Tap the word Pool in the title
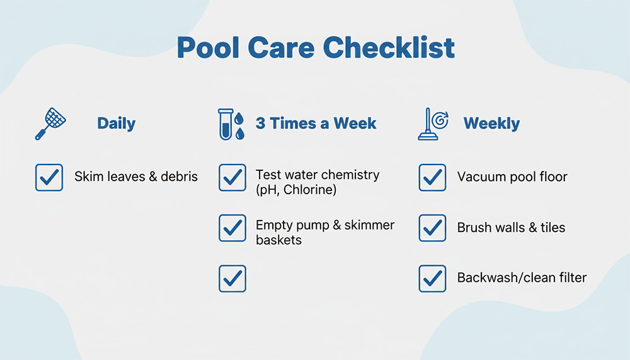(x=209, y=47)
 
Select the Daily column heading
(x=116, y=124)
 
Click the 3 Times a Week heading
(x=316, y=123)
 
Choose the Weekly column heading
(x=491, y=124)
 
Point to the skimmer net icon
(x=50, y=124)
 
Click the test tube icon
(x=226, y=124)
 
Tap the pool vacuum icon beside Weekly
(x=433, y=124)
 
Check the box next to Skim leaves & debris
(x=49, y=177)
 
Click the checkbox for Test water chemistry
(x=232, y=177)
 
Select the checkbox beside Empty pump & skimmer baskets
(x=232, y=228)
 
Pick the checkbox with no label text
(x=232, y=278)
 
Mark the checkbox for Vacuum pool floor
(x=432, y=177)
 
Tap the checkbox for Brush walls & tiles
(x=432, y=228)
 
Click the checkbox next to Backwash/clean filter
(x=432, y=278)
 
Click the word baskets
(x=279, y=240)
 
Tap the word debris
(x=179, y=177)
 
